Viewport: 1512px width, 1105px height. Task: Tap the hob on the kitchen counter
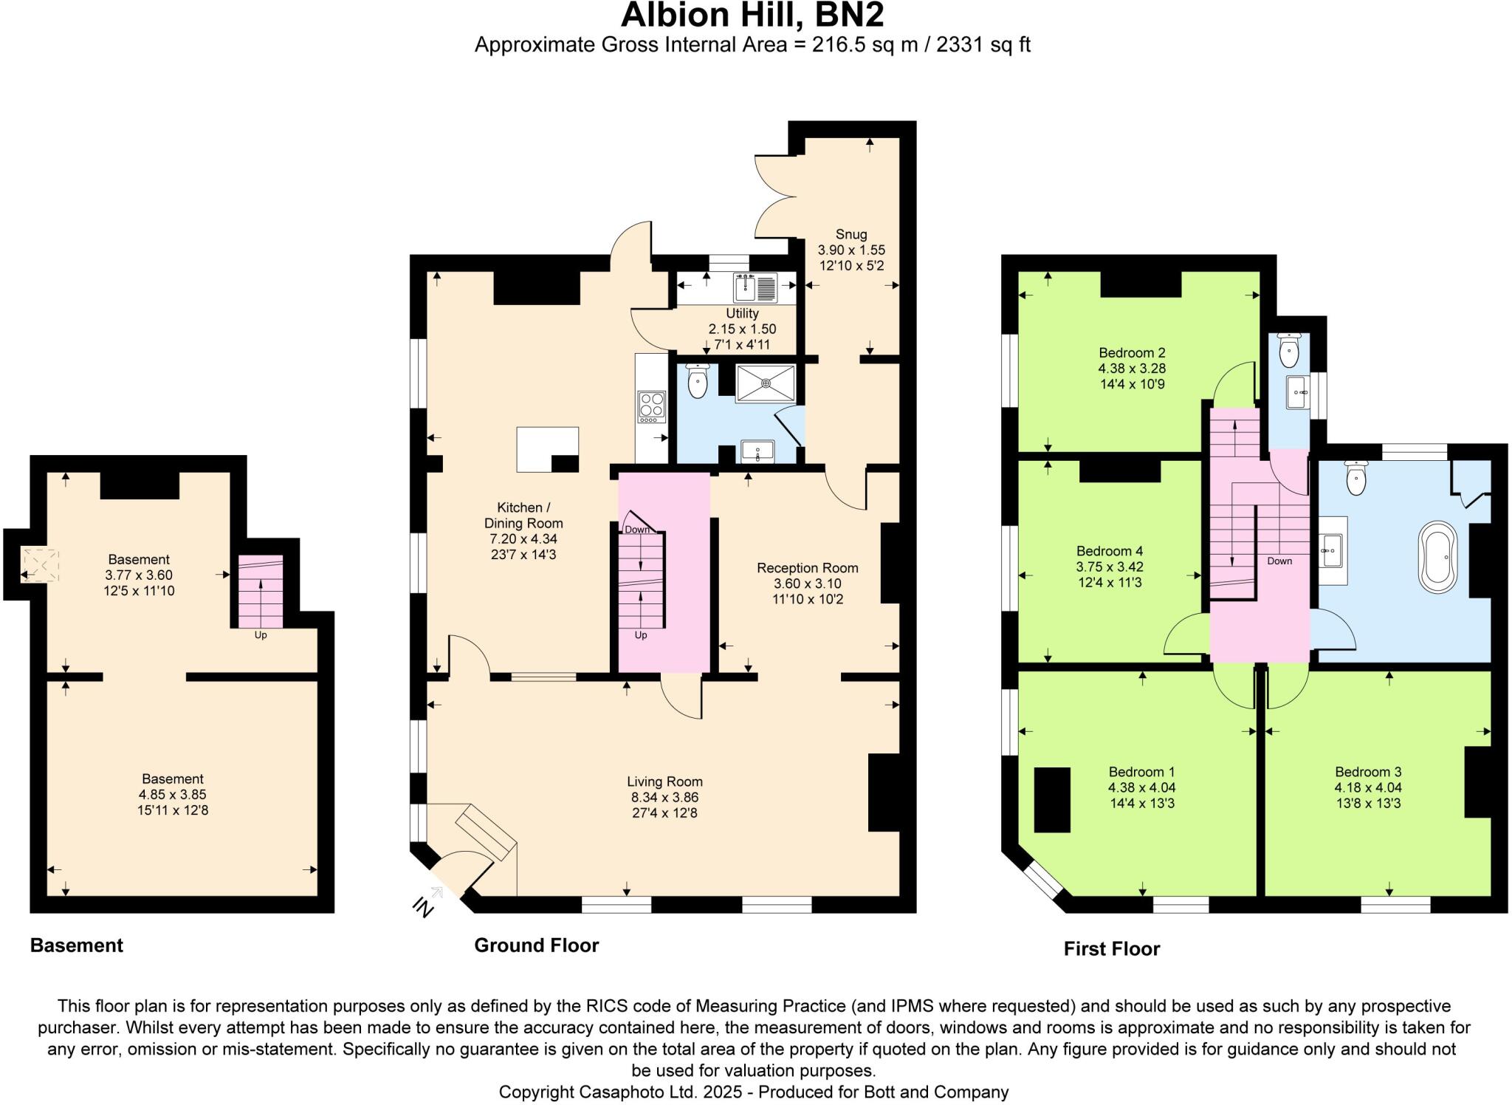[651, 407]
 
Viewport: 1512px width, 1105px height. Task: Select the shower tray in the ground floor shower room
[765, 383]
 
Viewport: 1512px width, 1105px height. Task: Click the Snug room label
[850, 234]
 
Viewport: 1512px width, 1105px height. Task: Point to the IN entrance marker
[422, 906]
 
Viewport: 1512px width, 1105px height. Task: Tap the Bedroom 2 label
[1131, 352]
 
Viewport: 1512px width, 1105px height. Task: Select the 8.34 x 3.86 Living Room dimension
[664, 797]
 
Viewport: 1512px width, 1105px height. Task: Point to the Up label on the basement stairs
[261, 634]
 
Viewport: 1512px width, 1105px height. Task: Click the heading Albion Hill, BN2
[752, 15]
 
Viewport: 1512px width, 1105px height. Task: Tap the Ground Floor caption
[536, 945]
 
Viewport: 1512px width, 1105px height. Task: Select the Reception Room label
[807, 567]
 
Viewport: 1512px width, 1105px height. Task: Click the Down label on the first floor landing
[1279, 561]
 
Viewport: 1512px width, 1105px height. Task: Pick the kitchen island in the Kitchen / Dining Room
[546, 448]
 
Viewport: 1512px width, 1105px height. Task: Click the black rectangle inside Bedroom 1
[1051, 800]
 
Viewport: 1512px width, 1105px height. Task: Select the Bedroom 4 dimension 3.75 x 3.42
[1109, 567]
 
